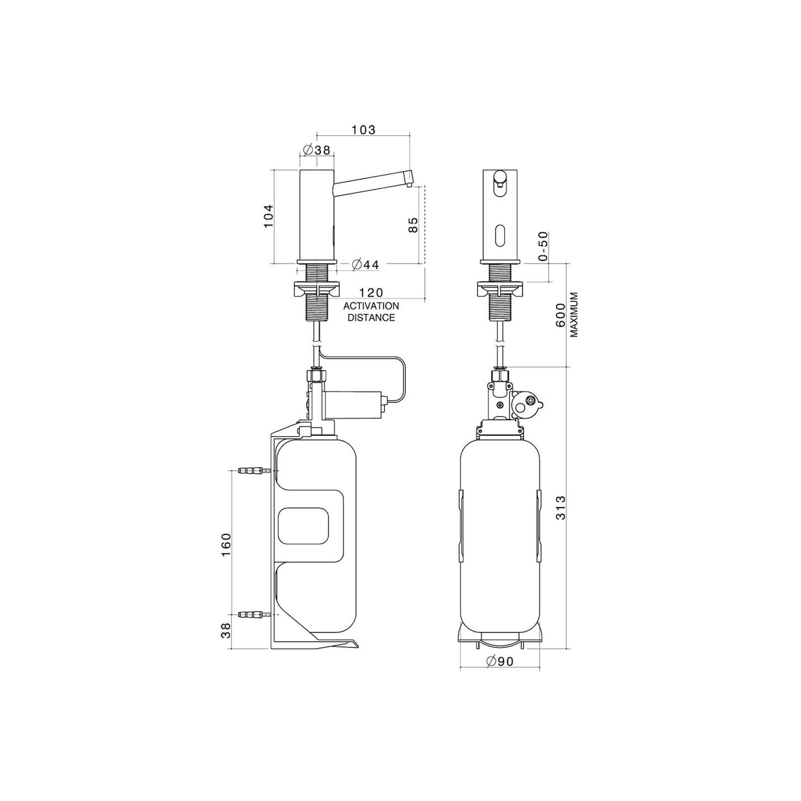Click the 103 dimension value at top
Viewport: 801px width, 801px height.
coord(364,130)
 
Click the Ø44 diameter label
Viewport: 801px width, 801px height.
coord(366,264)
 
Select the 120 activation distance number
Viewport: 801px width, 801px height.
coord(371,292)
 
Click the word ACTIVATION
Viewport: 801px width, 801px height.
coord(371,306)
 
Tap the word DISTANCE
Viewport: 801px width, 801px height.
coord(371,317)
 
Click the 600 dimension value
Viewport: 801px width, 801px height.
coord(562,315)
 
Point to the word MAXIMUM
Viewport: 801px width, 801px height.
coord(574,315)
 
